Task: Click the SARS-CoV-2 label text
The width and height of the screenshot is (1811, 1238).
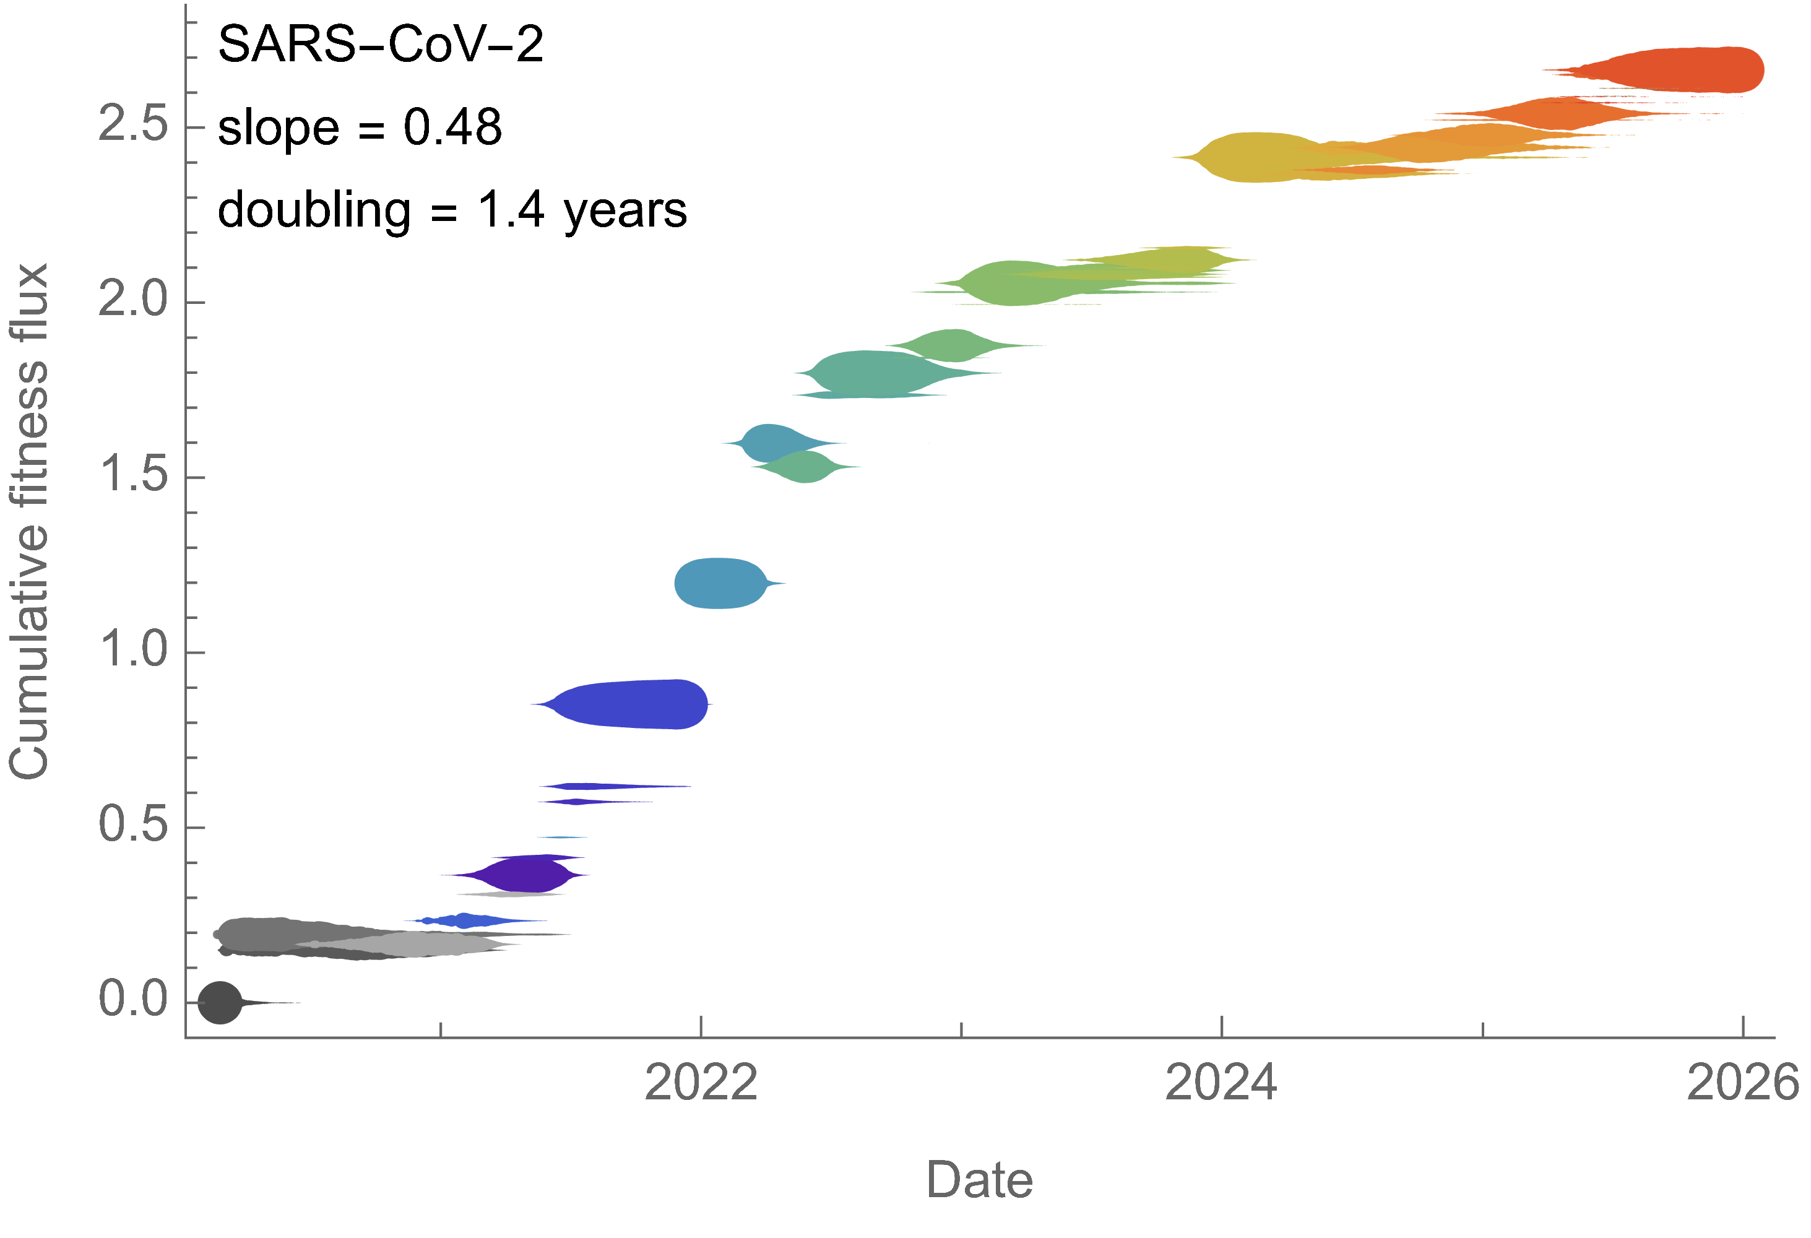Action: (x=380, y=45)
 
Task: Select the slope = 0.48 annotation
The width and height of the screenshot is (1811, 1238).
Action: (x=359, y=127)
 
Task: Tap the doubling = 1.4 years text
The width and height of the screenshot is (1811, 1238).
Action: (x=452, y=210)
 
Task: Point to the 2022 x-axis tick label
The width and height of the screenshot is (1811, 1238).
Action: (x=701, y=1082)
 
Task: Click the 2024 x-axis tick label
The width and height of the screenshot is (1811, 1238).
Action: (x=1221, y=1082)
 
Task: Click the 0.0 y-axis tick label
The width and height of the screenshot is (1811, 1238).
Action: (x=132, y=999)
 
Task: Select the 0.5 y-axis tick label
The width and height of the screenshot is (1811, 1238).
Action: (x=132, y=825)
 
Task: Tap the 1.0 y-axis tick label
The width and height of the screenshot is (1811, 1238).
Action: (x=132, y=650)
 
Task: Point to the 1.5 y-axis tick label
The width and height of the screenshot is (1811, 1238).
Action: (x=132, y=475)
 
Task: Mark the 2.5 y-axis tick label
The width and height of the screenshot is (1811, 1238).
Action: (x=132, y=124)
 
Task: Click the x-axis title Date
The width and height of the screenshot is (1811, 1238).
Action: (x=979, y=1180)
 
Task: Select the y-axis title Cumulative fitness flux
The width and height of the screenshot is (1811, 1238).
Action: (x=30, y=521)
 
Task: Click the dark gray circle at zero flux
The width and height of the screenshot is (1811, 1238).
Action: (x=220, y=1003)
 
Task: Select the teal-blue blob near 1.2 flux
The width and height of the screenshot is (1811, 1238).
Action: (x=719, y=582)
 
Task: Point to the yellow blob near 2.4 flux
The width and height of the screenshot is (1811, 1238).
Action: (x=1255, y=157)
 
